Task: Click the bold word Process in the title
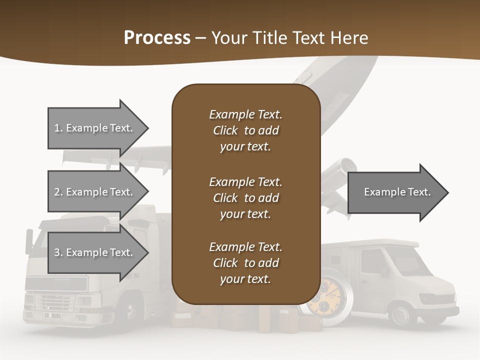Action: pos(157,38)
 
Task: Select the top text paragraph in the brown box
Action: pos(245,130)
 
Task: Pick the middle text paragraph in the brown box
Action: pos(245,198)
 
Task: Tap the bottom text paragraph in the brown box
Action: pos(245,263)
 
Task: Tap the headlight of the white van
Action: pos(431,298)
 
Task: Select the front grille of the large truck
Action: pos(56,302)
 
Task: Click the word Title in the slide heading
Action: pos(271,38)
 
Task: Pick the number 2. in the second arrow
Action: pos(58,192)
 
